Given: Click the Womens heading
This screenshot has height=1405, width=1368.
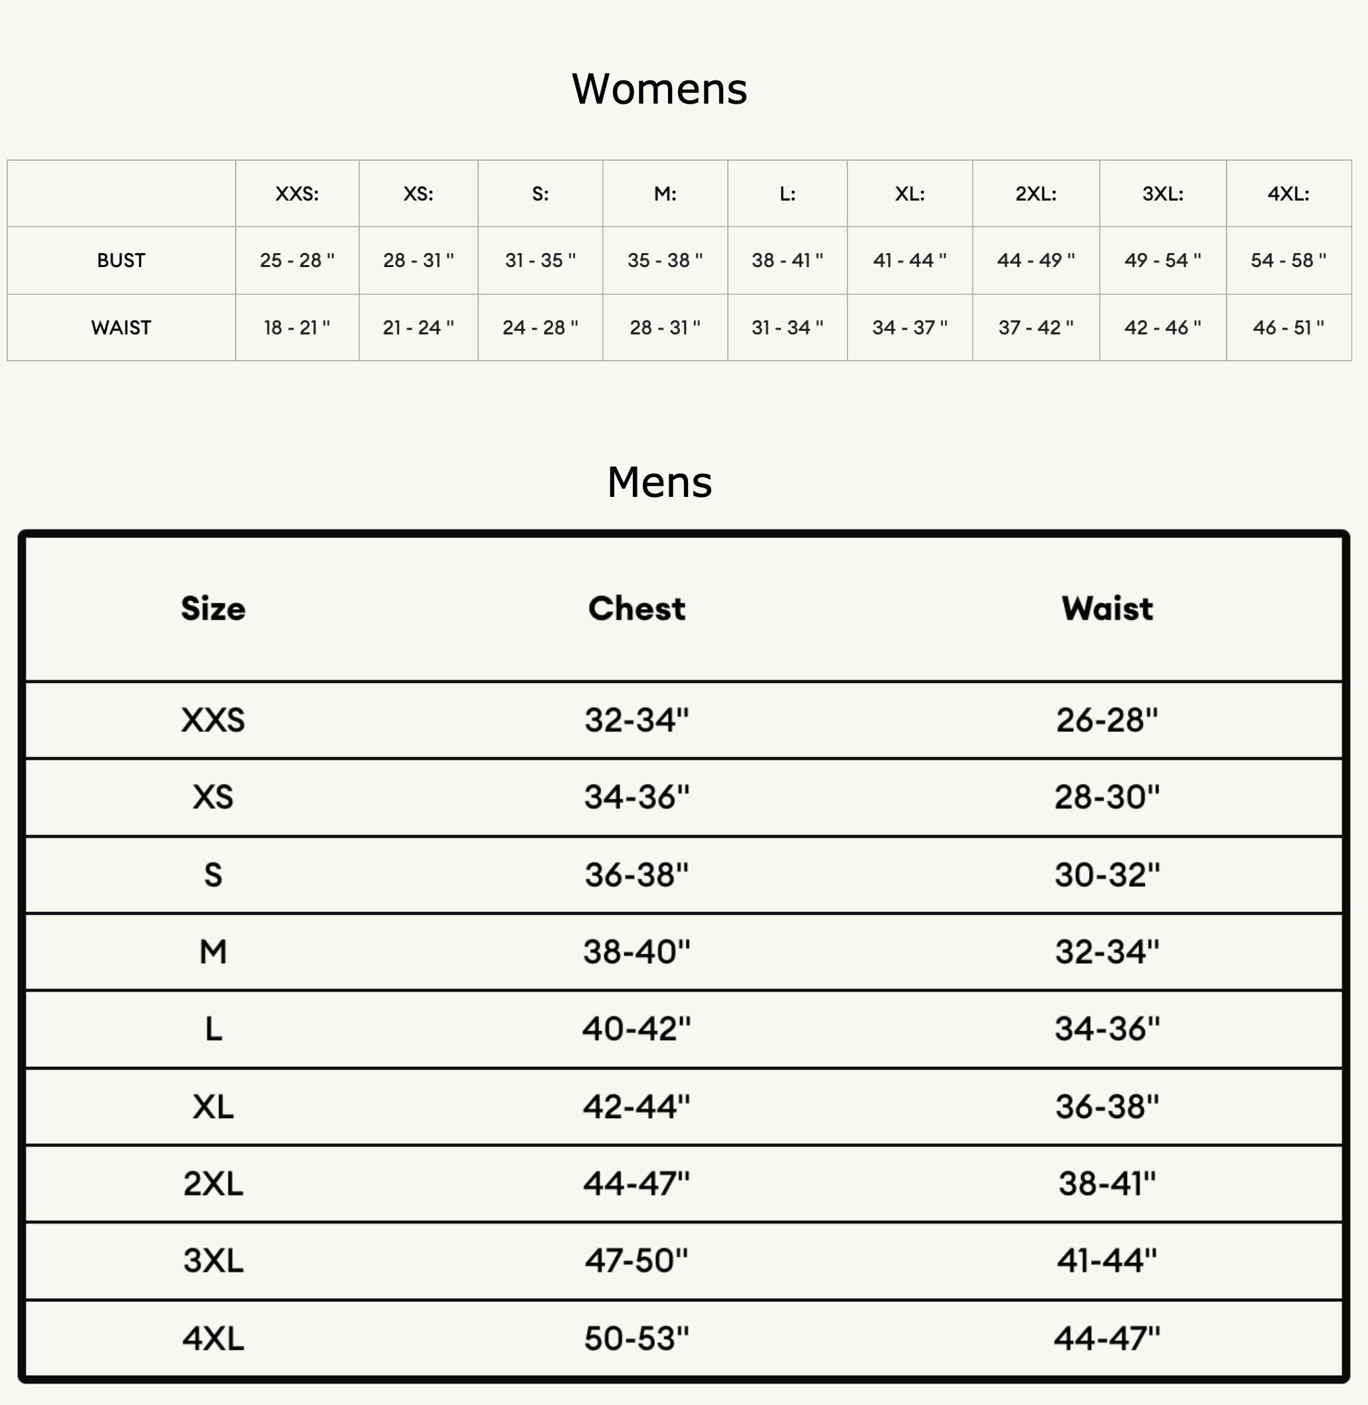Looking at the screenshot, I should click(659, 89).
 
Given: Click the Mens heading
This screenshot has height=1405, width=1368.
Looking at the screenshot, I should click(659, 482).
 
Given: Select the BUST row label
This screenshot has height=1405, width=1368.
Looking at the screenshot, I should click(121, 260).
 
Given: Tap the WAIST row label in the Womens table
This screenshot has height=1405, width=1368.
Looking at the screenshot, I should click(121, 328).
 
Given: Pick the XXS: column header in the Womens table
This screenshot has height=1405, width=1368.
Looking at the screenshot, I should click(297, 194).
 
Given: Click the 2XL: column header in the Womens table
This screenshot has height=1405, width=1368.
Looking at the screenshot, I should click(1035, 194).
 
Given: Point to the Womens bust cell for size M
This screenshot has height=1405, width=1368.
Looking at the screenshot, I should click(665, 260).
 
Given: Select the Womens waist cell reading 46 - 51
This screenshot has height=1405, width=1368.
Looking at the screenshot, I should click(1288, 328).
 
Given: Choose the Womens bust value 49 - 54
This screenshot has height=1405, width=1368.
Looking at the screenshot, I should click(1161, 260).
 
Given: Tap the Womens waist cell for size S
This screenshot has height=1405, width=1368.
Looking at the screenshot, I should click(540, 328).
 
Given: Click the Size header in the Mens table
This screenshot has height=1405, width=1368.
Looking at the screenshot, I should click(213, 609).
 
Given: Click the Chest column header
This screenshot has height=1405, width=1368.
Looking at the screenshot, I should click(637, 609).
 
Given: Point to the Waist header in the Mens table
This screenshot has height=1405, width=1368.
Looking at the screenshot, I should click(1107, 609).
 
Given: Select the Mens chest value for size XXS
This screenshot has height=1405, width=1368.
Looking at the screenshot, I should click(637, 720).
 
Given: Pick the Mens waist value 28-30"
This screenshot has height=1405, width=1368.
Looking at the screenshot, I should click(1107, 797).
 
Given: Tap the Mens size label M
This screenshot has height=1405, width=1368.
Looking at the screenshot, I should click(213, 951).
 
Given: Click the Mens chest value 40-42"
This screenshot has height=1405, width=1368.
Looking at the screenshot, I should click(637, 1029).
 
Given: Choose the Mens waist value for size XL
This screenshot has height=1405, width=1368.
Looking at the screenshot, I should click(1107, 1107).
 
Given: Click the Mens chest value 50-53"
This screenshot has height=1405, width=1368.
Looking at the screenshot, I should click(637, 1338).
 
